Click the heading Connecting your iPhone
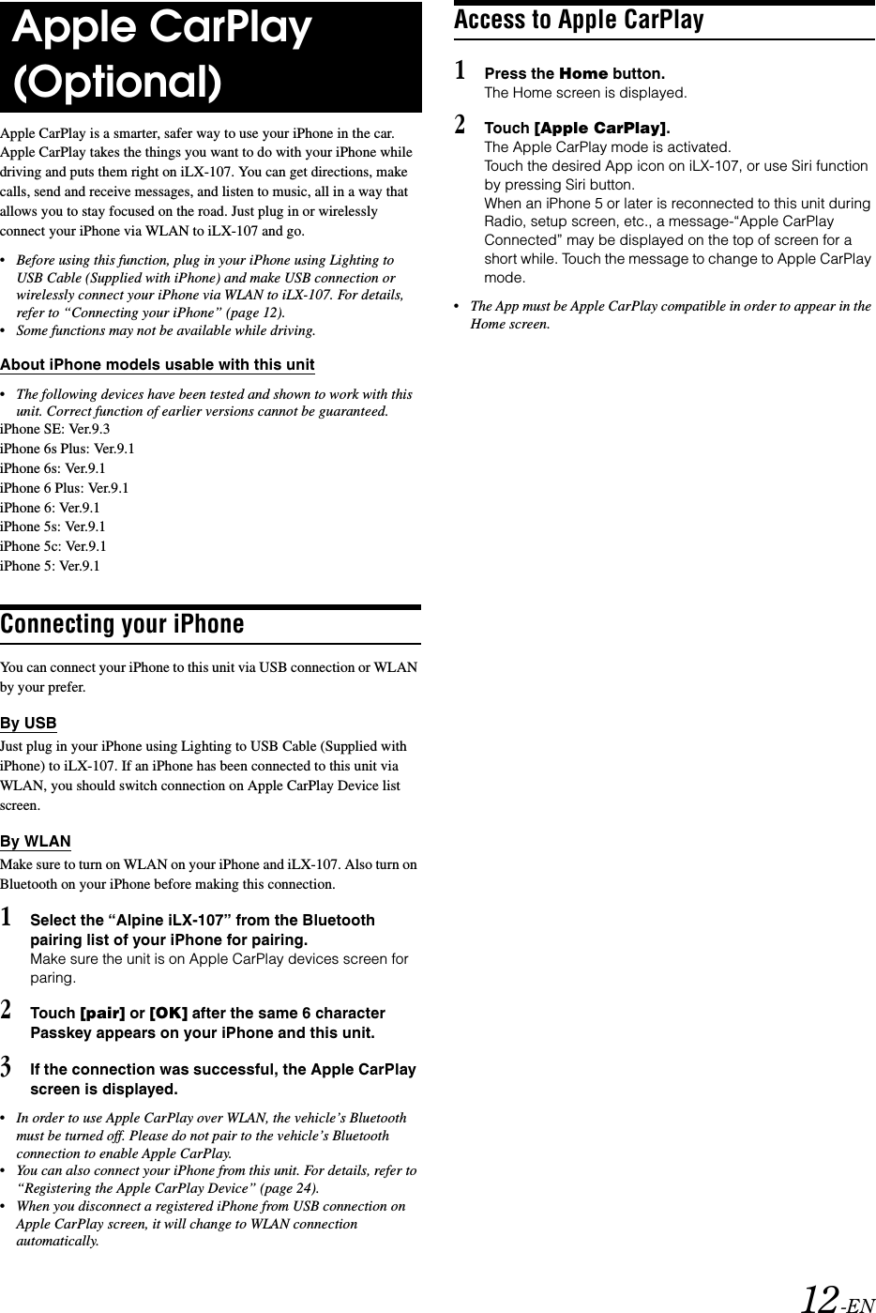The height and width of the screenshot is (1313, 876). [x=122, y=624]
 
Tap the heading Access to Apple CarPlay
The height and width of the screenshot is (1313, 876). [x=579, y=19]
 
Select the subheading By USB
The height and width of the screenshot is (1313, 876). [x=28, y=724]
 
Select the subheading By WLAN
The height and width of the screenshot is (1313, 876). [x=36, y=841]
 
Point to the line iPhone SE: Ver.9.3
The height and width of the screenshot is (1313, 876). [x=55, y=429]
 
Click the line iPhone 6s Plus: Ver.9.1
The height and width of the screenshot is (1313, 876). [x=68, y=449]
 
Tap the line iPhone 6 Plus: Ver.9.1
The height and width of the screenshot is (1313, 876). [x=65, y=488]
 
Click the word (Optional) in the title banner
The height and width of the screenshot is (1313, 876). [x=118, y=83]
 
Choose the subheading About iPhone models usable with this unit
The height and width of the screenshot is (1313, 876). [x=158, y=364]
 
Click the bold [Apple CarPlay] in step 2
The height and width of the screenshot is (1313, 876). [x=600, y=128]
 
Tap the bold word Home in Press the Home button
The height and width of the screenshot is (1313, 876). [x=583, y=73]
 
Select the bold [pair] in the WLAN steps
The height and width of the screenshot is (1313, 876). [x=102, y=1014]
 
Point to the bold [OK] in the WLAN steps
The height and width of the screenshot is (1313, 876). [x=169, y=1014]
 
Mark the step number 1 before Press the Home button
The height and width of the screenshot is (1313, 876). [x=460, y=70]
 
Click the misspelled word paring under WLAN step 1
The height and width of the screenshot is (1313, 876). [x=53, y=978]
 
